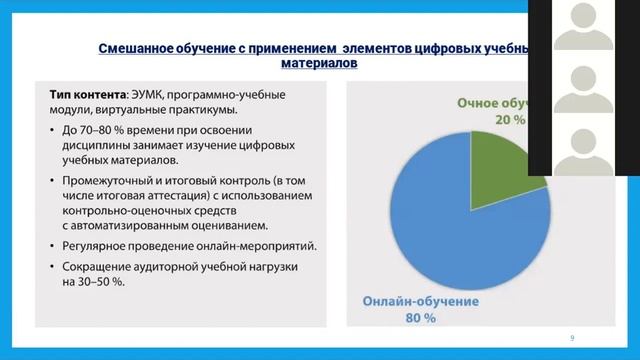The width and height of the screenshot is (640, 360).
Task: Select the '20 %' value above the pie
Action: (507, 119)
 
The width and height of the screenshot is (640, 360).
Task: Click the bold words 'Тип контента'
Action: (88, 95)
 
